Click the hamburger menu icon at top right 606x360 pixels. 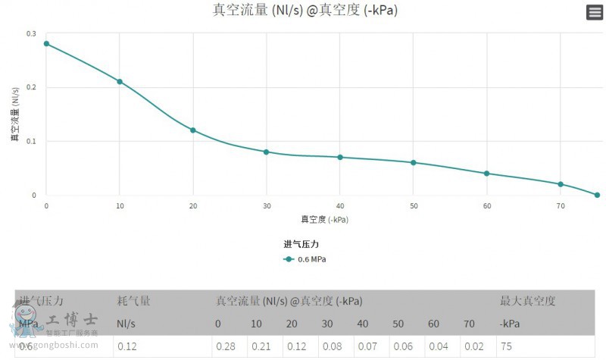pyautogui.click(x=594, y=12)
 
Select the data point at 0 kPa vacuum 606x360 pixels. pyautogui.click(x=46, y=43)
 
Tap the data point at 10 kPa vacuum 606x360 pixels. pyautogui.click(x=120, y=81)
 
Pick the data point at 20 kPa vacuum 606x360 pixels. pyautogui.click(x=193, y=130)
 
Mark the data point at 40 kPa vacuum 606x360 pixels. pyautogui.click(x=340, y=157)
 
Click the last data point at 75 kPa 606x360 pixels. pyautogui.click(x=597, y=195)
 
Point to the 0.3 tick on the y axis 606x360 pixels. pyautogui.click(x=31, y=33)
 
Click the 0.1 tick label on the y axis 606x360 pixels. pyautogui.click(x=31, y=141)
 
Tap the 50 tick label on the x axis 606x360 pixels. pyautogui.click(x=414, y=206)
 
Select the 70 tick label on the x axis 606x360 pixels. pyautogui.click(x=561, y=206)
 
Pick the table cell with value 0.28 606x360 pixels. pyautogui.click(x=226, y=346)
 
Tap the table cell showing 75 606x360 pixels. pyautogui.click(x=506, y=346)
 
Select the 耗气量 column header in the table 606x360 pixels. pyautogui.click(x=133, y=301)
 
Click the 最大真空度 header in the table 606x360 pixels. pyautogui.click(x=528, y=301)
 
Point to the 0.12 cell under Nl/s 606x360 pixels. pyautogui.click(x=126, y=346)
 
